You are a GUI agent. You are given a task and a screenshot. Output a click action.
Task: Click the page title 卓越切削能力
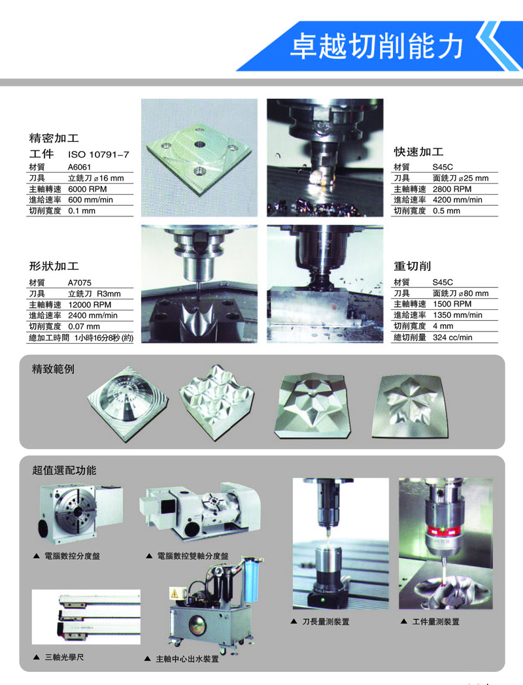377,46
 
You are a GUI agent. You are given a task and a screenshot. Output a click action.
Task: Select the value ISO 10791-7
99,155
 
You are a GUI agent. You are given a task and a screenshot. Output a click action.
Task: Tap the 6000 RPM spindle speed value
88,189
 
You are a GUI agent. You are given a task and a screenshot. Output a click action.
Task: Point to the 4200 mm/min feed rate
458,200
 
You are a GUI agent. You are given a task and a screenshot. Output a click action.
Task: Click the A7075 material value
80,282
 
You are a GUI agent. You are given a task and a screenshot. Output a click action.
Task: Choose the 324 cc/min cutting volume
452,337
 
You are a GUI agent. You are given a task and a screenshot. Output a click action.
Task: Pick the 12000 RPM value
90,305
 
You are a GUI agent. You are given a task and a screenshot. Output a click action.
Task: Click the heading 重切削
413,266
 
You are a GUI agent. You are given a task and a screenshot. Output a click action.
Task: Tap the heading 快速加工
418,152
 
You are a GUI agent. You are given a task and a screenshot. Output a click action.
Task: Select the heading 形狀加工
54,266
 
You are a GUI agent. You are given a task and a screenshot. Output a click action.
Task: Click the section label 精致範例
54,369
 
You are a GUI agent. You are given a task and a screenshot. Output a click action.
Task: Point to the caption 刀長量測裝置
326,622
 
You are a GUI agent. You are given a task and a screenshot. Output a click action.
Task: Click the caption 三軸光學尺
64,657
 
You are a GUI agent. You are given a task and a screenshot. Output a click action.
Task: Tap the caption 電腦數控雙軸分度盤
193,556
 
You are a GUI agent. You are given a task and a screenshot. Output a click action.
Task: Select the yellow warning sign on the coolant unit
175,593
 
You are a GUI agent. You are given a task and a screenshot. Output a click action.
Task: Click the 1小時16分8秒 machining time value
103,338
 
